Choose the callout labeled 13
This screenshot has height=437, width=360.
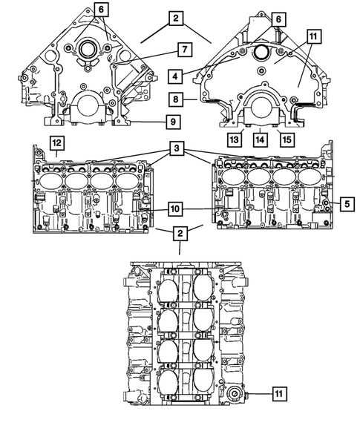point(235,138)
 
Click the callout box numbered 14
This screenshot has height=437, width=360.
point(260,138)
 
